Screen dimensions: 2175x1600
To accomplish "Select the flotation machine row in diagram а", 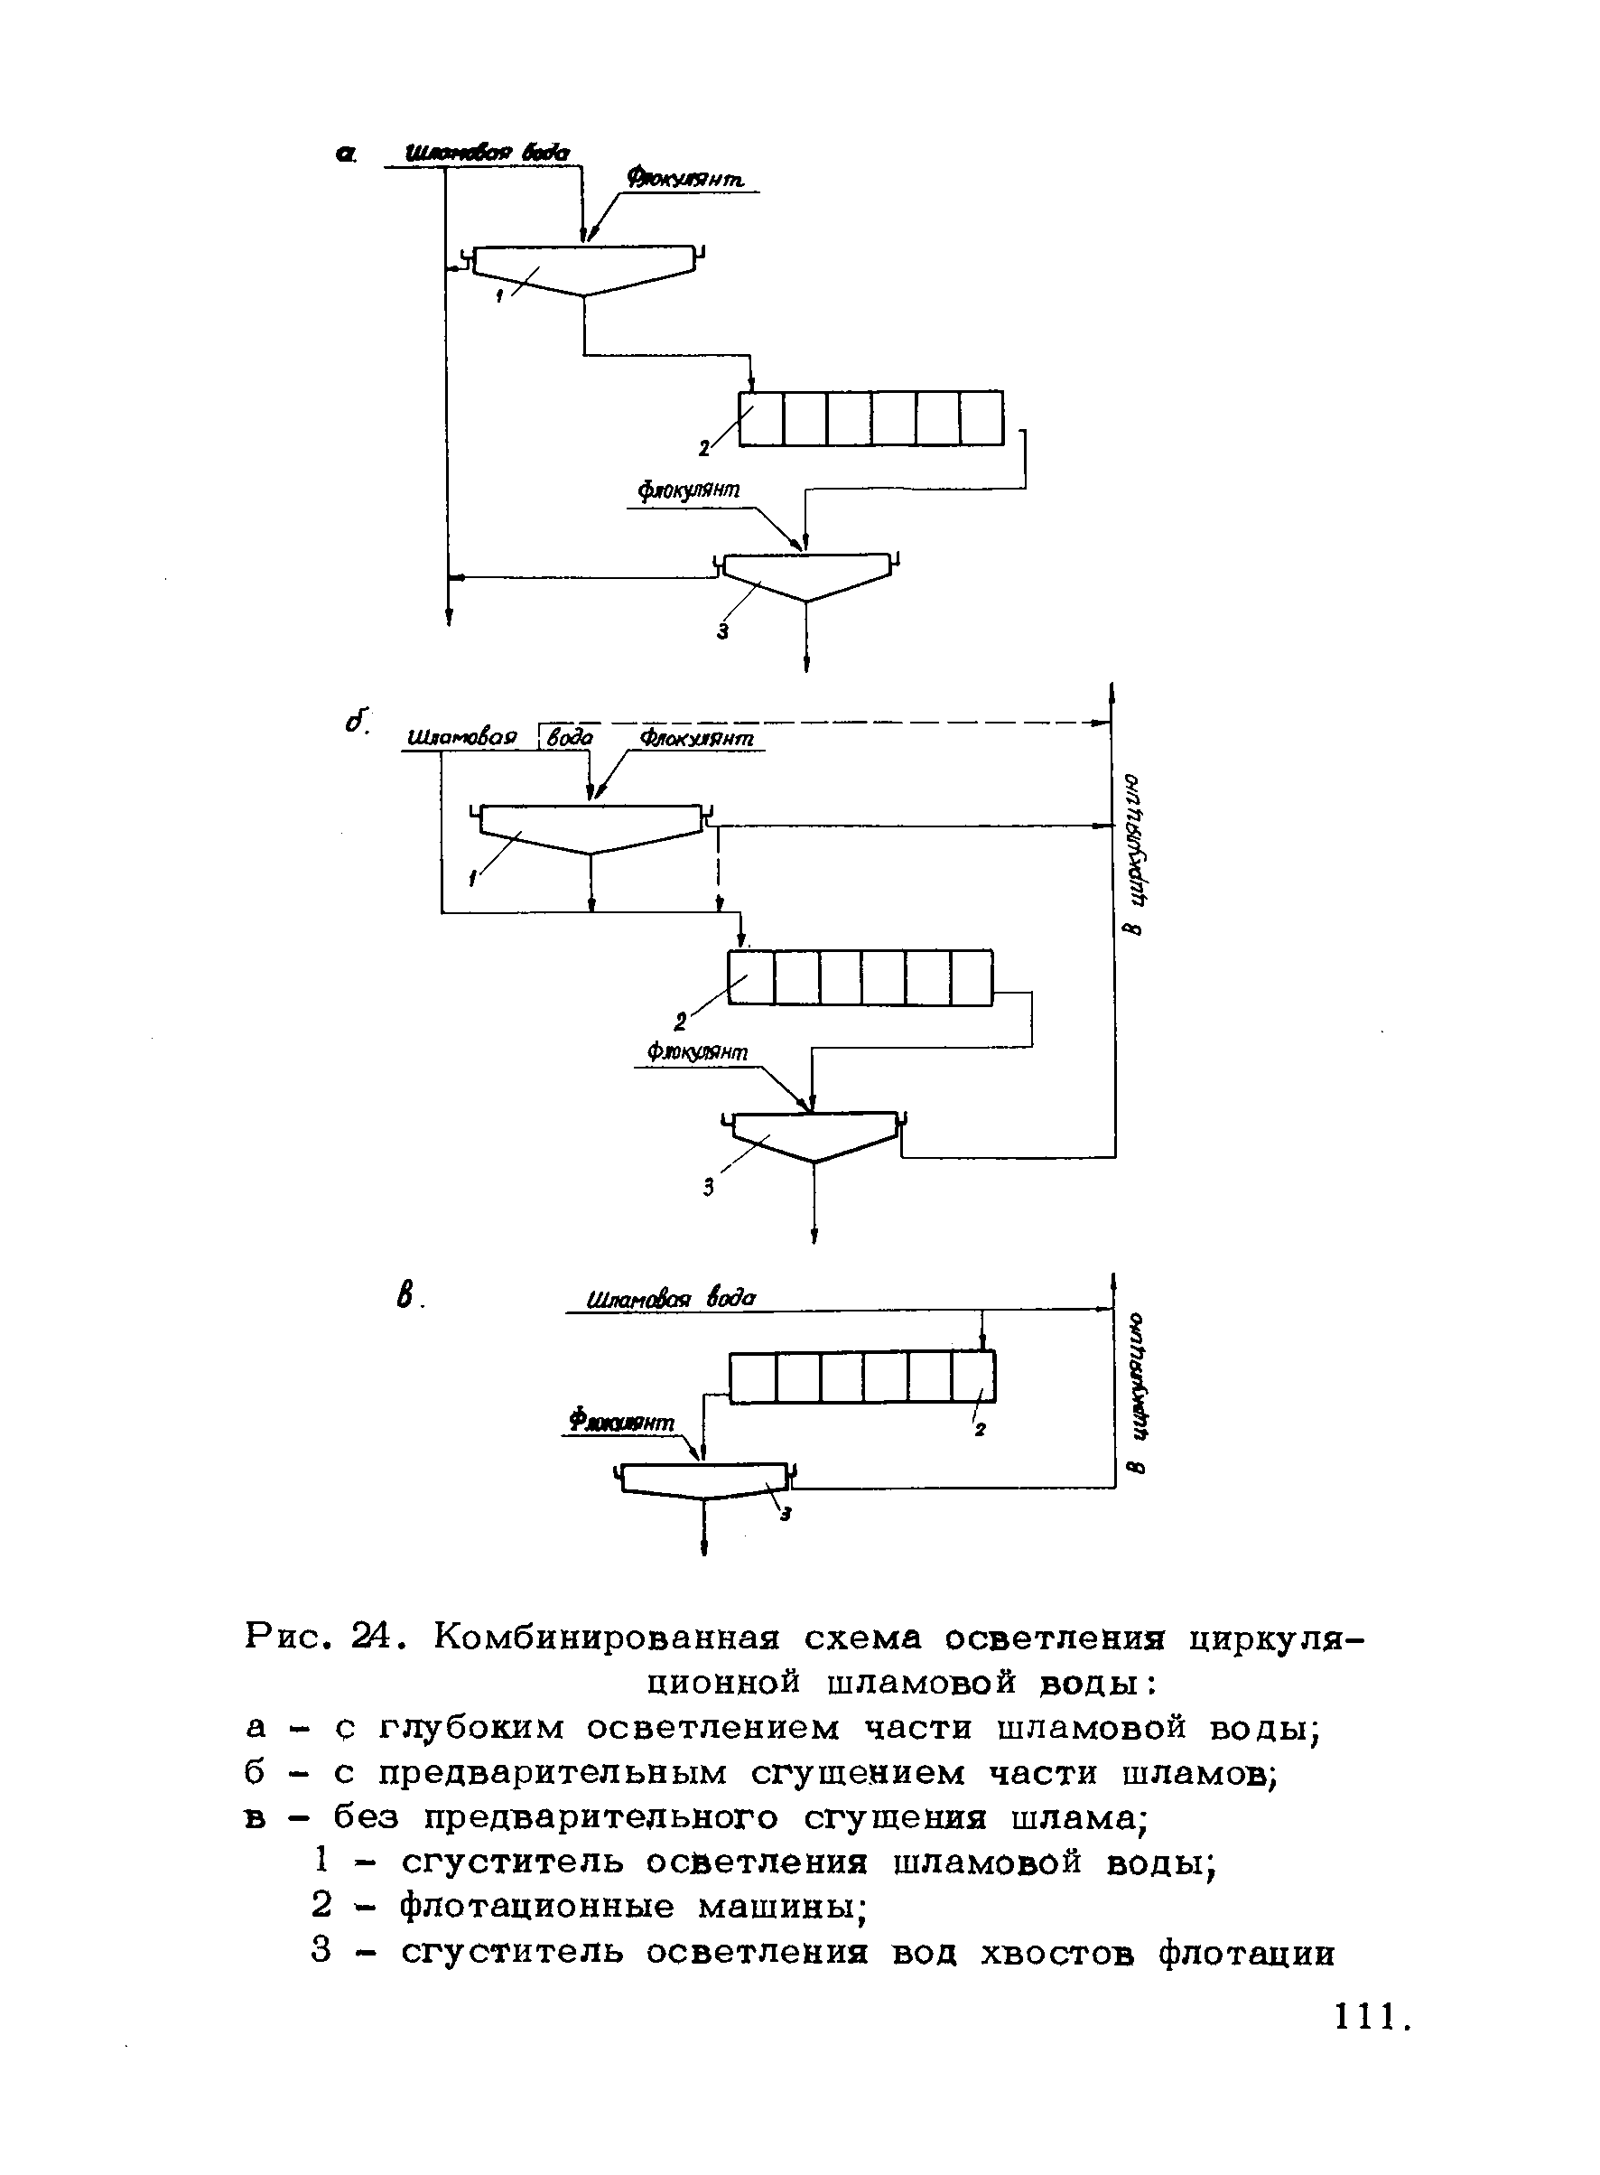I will (x=870, y=418).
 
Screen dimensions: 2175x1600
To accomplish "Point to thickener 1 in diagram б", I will (x=591, y=826).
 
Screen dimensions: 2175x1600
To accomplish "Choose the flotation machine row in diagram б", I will (x=860, y=977).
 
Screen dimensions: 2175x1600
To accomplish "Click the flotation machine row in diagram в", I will (x=862, y=1377).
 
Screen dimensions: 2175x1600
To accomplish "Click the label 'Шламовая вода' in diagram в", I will (x=671, y=1297).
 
